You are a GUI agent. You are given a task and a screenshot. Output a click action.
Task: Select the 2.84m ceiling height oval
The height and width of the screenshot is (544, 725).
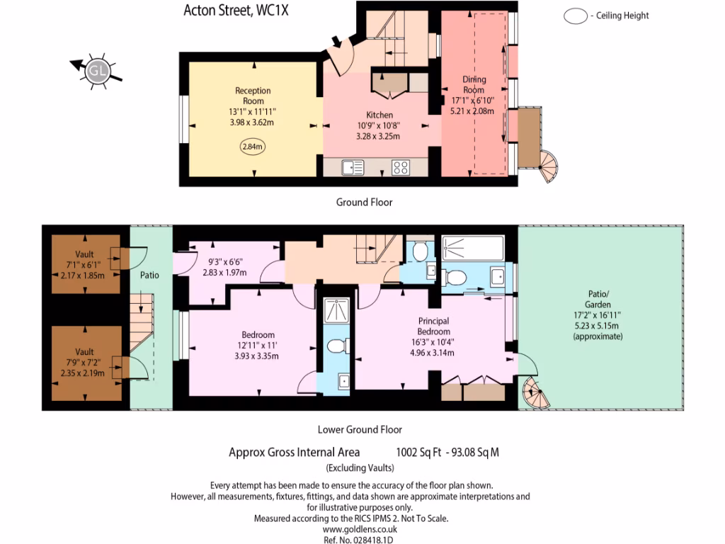point(252,147)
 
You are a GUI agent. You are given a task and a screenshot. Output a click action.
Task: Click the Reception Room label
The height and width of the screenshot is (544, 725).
point(253,96)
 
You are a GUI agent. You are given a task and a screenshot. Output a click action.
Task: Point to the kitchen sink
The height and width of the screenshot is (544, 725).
point(352,167)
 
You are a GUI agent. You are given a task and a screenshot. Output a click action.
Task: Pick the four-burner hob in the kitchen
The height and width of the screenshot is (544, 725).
point(401,167)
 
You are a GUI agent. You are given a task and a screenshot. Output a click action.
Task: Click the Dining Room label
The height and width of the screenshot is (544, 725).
point(474,85)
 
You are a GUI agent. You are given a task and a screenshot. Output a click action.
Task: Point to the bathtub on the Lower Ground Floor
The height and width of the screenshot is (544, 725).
point(473,249)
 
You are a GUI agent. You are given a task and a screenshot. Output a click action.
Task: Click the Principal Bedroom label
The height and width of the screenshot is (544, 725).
point(433,327)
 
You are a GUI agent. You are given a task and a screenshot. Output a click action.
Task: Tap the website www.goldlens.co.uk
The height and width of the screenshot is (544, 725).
point(360,529)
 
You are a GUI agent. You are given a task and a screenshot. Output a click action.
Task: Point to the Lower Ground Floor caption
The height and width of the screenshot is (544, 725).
point(360,429)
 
